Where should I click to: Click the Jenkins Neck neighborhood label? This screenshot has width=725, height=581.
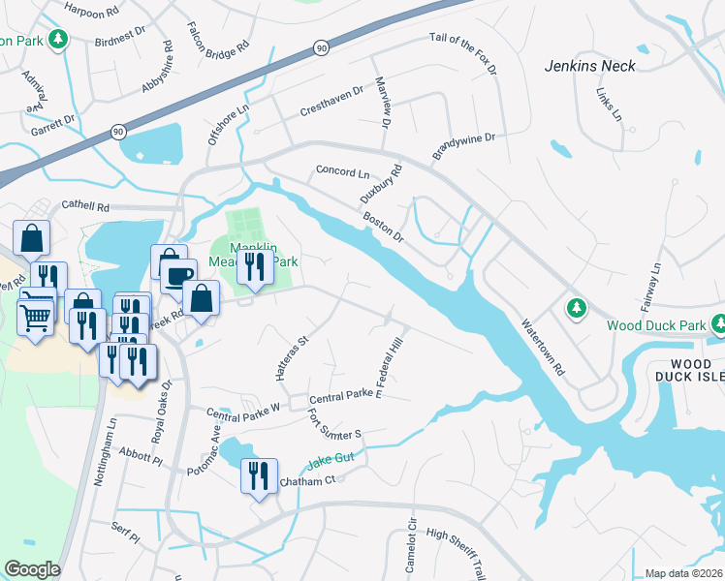click(589, 66)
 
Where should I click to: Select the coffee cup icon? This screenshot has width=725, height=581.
click(178, 275)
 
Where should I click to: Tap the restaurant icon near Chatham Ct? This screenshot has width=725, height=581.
click(258, 475)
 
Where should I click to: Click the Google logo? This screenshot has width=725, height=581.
click(32, 569)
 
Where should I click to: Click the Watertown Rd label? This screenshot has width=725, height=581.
click(542, 348)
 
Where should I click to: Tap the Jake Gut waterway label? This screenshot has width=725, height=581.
click(333, 463)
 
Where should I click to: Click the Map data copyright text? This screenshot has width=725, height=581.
click(683, 573)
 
